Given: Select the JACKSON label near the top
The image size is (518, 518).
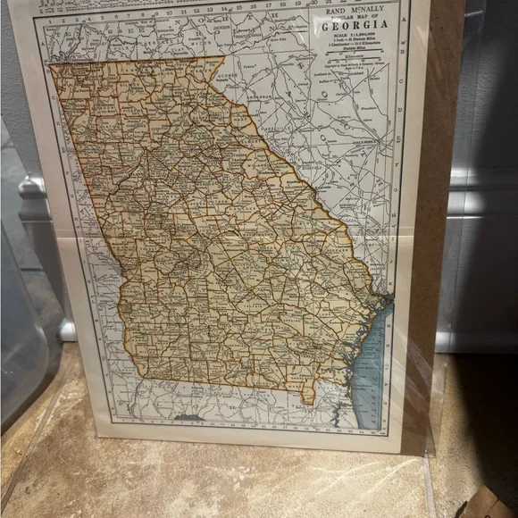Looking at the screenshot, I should pos(221,28).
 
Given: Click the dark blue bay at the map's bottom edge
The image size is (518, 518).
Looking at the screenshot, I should pos(189,417).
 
